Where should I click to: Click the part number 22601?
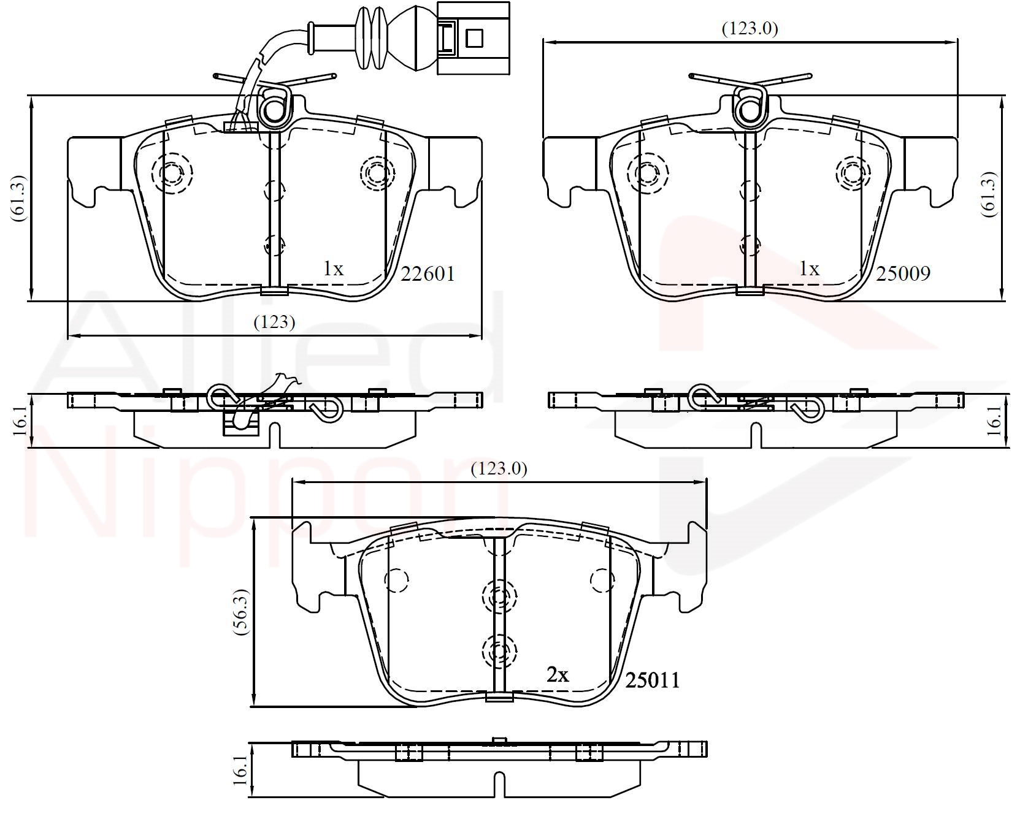[428, 273]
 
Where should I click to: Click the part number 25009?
[903, 273]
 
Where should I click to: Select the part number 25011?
[653, 680]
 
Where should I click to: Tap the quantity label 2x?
[558, 675]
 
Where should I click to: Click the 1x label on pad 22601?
[334, 269]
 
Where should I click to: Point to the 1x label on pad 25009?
[809, 269]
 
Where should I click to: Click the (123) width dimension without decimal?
[274, 322]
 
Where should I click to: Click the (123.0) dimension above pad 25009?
[750, 28]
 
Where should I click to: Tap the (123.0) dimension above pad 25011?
[499, 469]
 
